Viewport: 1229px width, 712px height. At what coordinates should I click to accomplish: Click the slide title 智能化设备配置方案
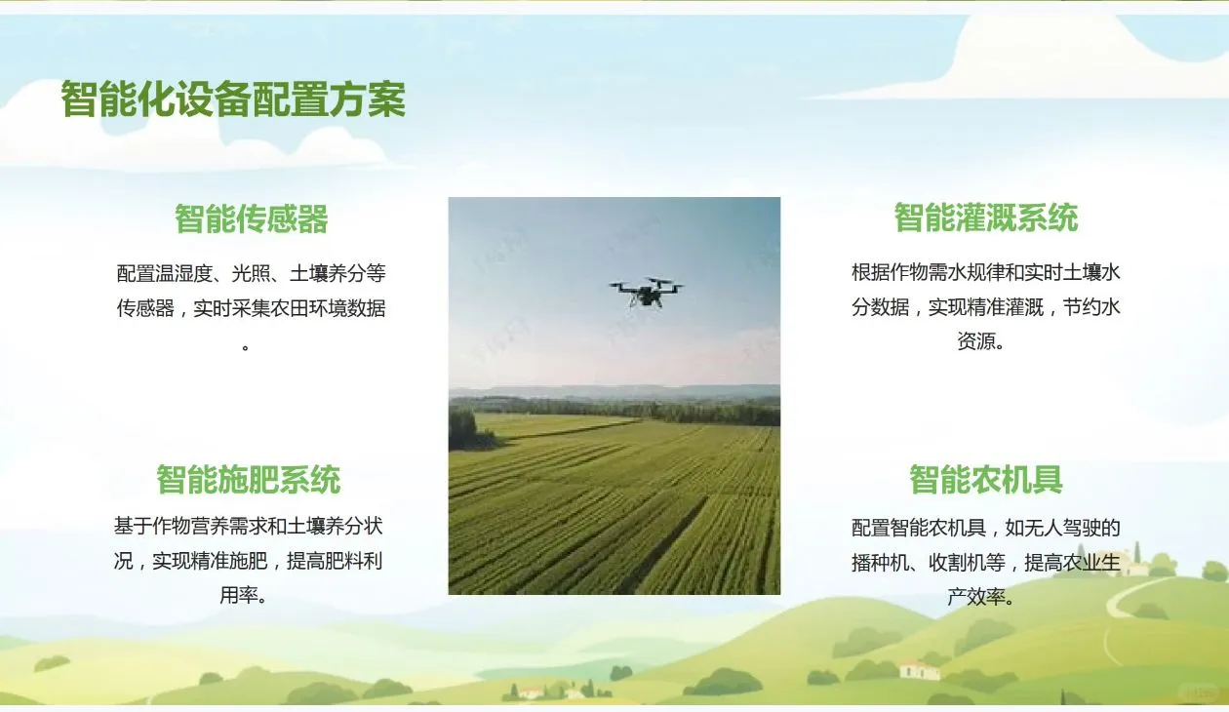click(233, 99)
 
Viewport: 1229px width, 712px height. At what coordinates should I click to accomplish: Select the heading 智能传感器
click(252, 218)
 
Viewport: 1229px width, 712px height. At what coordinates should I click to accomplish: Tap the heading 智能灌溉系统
click(985, 217)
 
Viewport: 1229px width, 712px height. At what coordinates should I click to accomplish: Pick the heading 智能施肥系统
click(249, 480)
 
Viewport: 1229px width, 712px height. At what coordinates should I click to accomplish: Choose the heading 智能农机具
click(985, 480)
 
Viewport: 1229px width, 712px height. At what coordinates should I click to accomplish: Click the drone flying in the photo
click(646, 290)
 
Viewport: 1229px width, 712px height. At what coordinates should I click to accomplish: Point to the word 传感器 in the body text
click(145, 309)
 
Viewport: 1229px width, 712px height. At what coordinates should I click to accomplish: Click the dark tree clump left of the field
click(463, 429)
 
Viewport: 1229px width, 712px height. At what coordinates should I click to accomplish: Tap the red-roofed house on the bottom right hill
click(919, 669)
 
